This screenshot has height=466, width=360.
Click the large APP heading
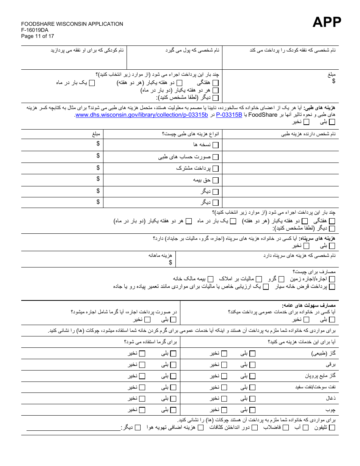point(326,22)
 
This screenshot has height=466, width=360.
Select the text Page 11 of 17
point(38,36)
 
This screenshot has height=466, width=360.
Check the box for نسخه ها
point(216,145)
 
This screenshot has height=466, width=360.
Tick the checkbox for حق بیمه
point(216,180)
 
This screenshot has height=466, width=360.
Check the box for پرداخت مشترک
point(216,169)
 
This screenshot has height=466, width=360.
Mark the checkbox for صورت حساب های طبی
point(216,157)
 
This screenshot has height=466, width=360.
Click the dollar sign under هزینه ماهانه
point(171,262)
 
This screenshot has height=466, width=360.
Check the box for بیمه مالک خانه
point(210,279)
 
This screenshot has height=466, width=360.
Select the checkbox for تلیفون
point(332,428)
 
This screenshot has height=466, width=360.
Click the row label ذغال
point(330,399)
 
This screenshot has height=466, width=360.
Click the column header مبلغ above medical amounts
point(96,134)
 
